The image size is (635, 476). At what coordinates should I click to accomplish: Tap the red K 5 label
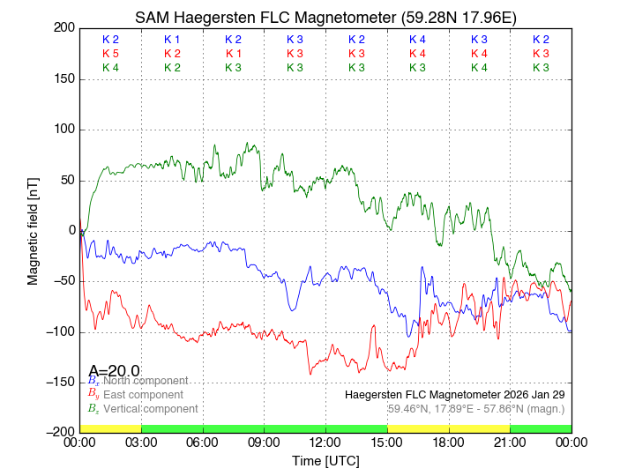coord(110,54)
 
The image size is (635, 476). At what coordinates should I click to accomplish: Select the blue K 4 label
coord(417,40)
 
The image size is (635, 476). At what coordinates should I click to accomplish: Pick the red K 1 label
coord(233,54)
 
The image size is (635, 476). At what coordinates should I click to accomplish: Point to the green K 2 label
coord(172,68)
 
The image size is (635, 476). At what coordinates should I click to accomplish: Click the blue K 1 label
coord(172,40)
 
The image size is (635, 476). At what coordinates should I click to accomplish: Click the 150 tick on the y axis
coord(63,79)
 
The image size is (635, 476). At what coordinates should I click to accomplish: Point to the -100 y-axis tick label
coord(60,332)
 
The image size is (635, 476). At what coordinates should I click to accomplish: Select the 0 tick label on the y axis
coord(71,231)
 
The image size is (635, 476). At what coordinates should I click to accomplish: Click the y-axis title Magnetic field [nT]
coord(34,230)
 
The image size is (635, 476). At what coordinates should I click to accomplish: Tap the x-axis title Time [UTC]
coord(325,462)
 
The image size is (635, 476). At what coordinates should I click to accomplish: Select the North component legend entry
coord(142,381)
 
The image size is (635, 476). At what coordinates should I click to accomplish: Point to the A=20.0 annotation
coord(114,371)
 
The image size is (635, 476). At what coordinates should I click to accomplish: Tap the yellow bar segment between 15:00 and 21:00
coord(448,428)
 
